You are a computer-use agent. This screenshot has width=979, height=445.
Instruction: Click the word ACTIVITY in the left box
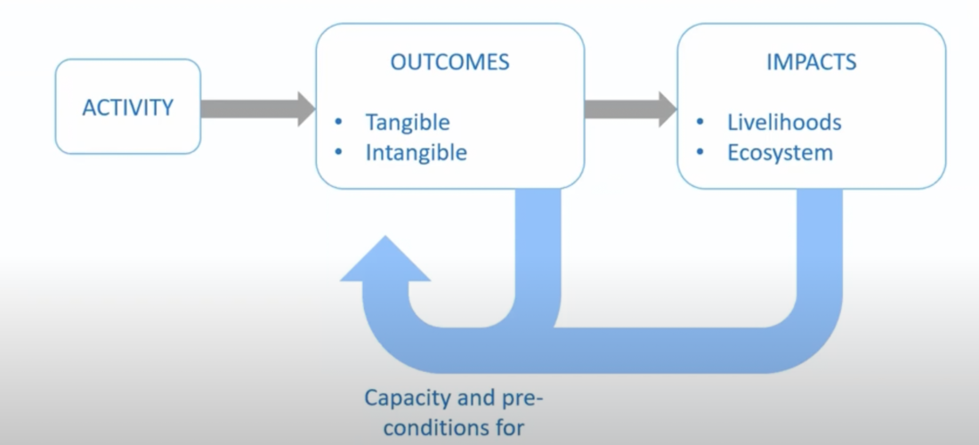[x=128, y=108]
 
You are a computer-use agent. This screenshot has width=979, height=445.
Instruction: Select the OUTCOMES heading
[x=450, y=62]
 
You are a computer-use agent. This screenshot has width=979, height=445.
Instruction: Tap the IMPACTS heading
[x=811, y=62]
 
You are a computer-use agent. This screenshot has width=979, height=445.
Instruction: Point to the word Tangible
[x=408, y=122]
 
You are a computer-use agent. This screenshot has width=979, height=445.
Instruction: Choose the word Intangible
[x=416, y=153]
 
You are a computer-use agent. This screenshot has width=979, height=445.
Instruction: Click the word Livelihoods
[x=784, y=122]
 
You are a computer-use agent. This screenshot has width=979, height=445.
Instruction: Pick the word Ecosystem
[x=780, y=153]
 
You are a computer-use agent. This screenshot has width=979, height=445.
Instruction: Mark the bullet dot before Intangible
[x=338, y=153]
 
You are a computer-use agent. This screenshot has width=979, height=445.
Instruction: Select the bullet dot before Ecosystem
[x=700, y=153]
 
